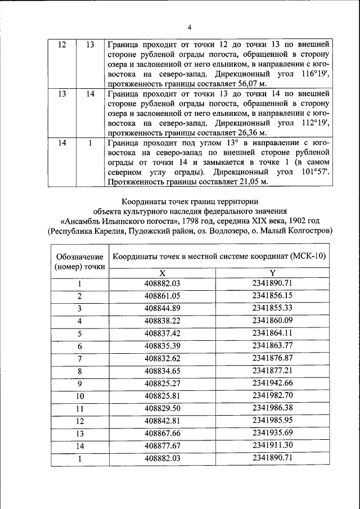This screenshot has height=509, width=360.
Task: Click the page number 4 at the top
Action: pyautogui.click(x=190, y=28)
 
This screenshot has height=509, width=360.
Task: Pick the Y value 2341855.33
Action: pyautogui.click(x=272, y=308)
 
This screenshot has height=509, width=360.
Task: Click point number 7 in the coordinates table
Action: pyautogui.click(x=80, y=358)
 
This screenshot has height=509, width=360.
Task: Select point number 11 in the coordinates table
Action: pyautogui.click(x=80, y=408)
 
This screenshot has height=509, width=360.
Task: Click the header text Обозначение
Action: pyautogui.click(x=79, y=257)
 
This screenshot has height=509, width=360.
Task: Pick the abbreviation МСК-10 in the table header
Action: pyautogui.click(x=308, y=257)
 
